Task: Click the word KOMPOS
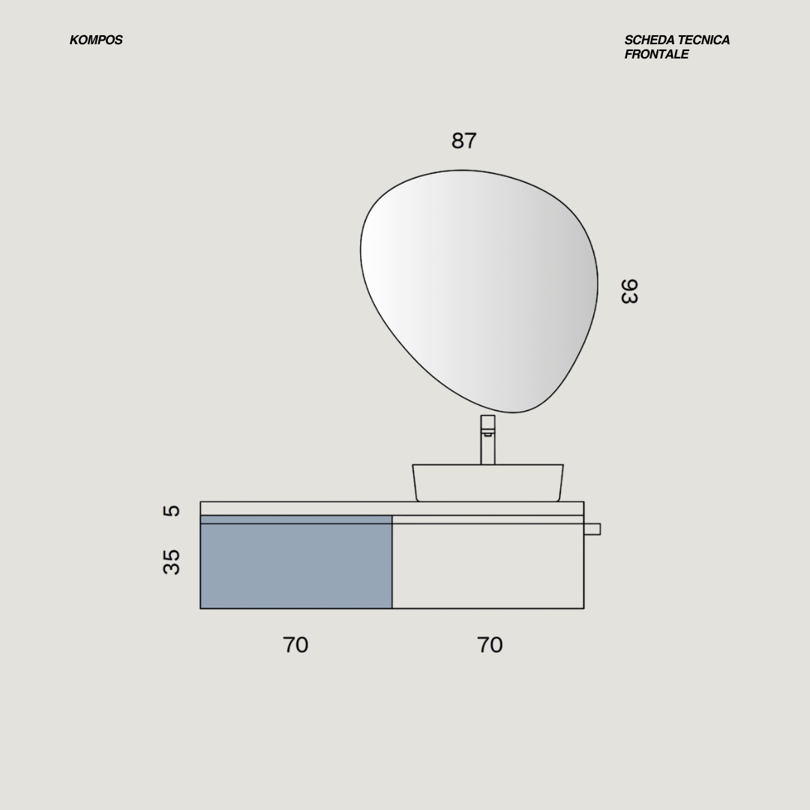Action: [x=96, y=40]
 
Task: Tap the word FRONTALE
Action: [x=656, y=54]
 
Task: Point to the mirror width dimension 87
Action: [x=464, y=140]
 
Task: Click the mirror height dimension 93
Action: [x=629, y=291]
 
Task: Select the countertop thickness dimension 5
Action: [x=172, y=511]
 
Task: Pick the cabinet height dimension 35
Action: [x=172, y=562]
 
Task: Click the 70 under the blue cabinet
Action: [x=295, y=645]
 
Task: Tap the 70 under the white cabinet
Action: [x=490, y=645]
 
